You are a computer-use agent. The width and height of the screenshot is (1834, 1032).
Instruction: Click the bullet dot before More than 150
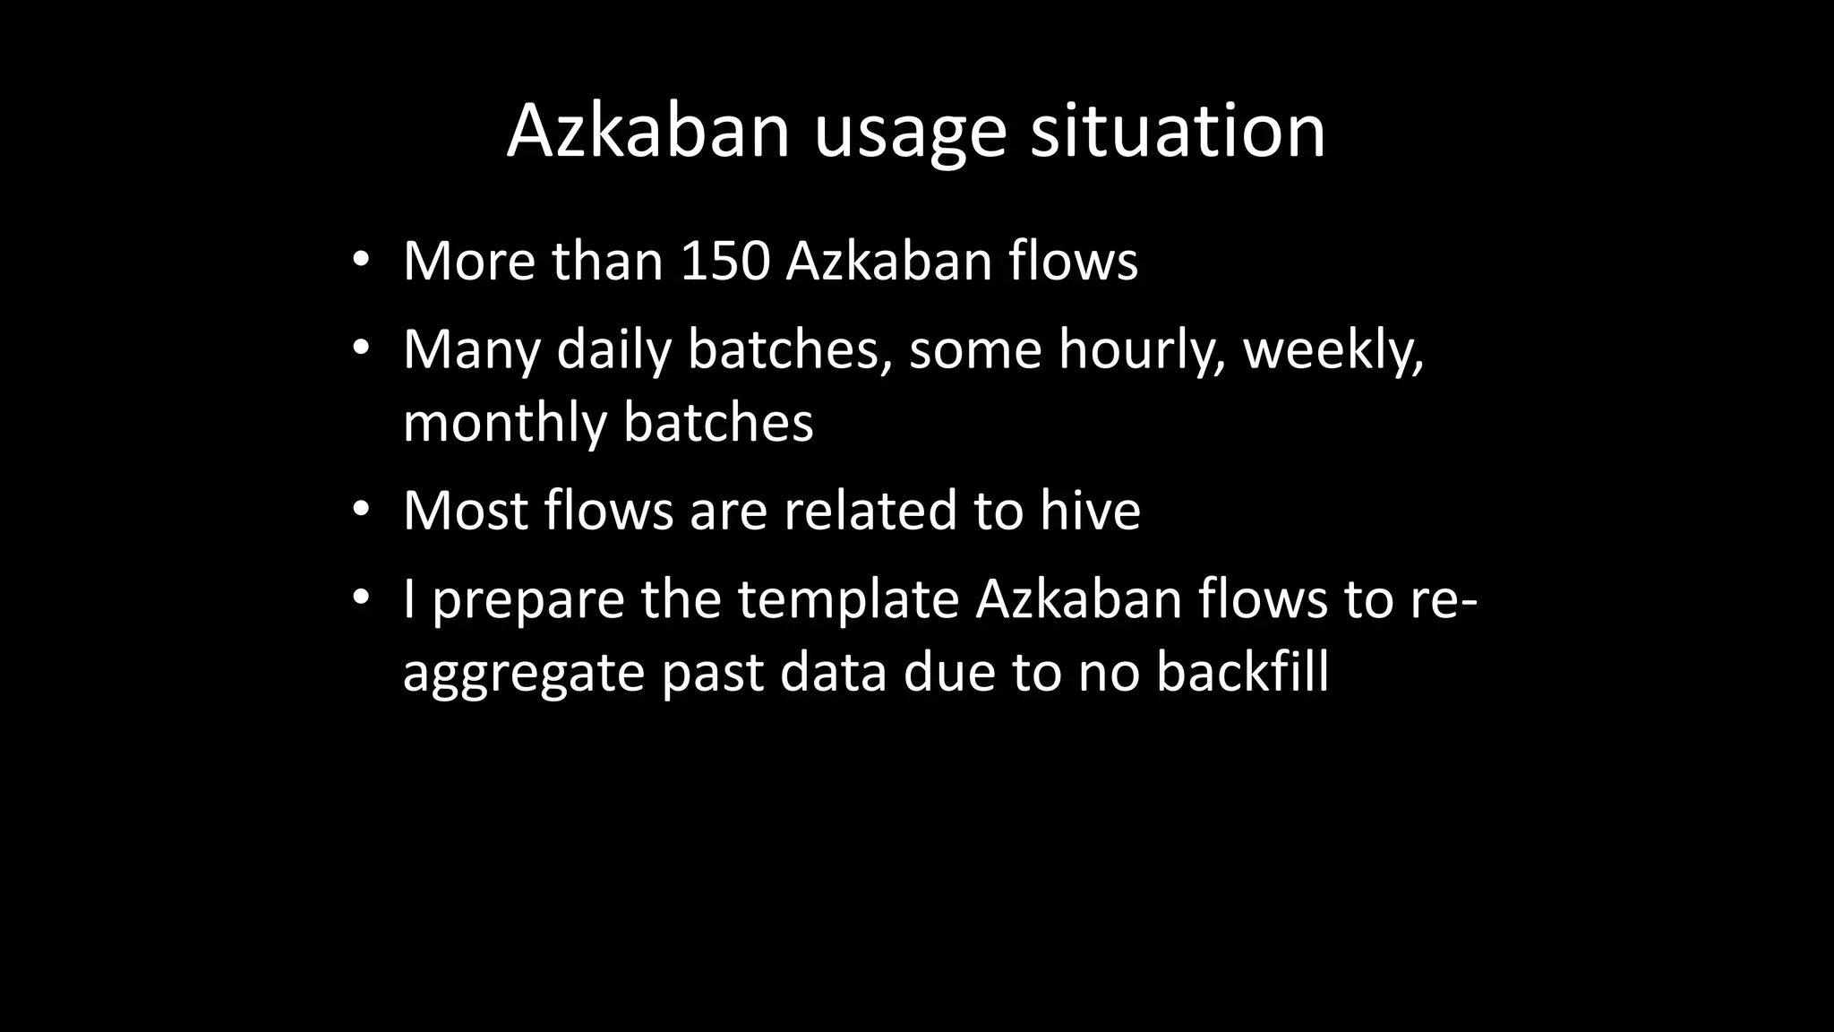coord(361,261)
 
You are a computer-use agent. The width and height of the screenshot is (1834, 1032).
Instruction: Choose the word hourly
coord(1142,350)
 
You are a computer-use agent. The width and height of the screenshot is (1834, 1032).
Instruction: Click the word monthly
coord(504,424)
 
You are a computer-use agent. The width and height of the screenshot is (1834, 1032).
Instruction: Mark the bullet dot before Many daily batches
coord(361,348)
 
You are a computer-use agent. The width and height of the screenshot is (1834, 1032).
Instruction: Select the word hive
coord(1090,511)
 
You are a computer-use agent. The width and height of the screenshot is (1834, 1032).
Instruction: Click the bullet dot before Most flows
coord(361,510)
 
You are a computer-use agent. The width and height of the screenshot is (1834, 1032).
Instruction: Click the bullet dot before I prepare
coord(361,598)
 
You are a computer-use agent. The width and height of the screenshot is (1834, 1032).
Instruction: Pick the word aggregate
coord(524,675)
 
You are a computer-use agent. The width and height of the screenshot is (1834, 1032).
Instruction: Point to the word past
coord(713,674)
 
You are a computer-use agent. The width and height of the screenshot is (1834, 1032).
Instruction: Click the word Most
coord(465,511)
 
